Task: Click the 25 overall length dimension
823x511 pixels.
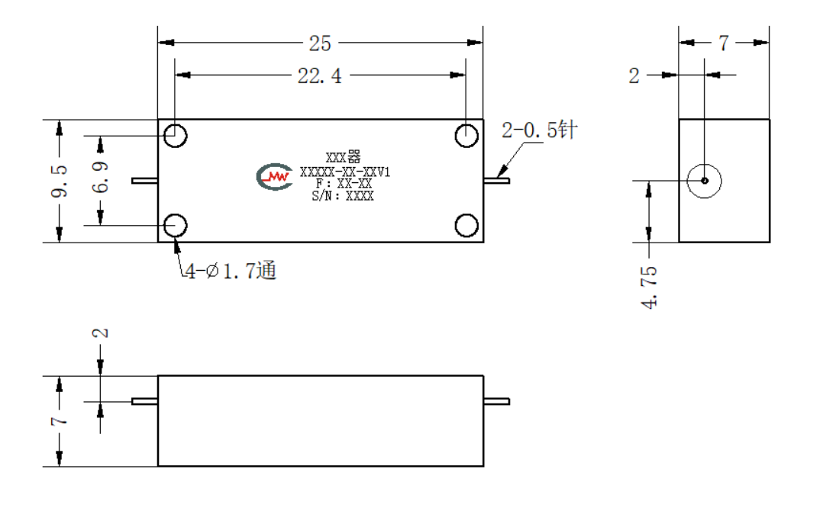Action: tap(320, 43)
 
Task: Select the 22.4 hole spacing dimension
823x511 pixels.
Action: tap(319, 76)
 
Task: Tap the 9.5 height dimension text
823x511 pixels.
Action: tap(60, 182)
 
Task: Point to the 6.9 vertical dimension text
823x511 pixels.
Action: tap(100, 177)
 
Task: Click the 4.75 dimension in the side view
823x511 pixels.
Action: tap(649, 287)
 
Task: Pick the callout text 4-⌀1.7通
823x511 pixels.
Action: tap(231, 271)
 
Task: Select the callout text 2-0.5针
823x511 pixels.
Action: tap(540, 130)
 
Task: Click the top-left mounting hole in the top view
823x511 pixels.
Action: tap(176, 136)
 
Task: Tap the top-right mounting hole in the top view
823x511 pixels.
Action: tap(466, 136)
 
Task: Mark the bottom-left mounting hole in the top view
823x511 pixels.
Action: tap(176, 226)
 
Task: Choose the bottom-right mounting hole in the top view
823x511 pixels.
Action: tap(466, 226)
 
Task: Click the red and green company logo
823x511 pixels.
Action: tap(275, 177)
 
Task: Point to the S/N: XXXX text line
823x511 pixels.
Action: tap(343, 196)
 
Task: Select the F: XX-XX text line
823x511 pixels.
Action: tap(344, 184)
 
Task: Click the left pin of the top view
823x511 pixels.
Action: tap(145, 181)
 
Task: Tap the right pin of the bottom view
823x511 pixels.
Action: tap(496, 401)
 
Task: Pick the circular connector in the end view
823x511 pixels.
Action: tap(705, 181)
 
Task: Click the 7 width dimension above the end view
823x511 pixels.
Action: tap(724, 43)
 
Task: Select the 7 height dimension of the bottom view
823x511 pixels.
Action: tap(60, 421)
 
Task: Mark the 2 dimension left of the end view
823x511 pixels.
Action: tap(634, 76)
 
